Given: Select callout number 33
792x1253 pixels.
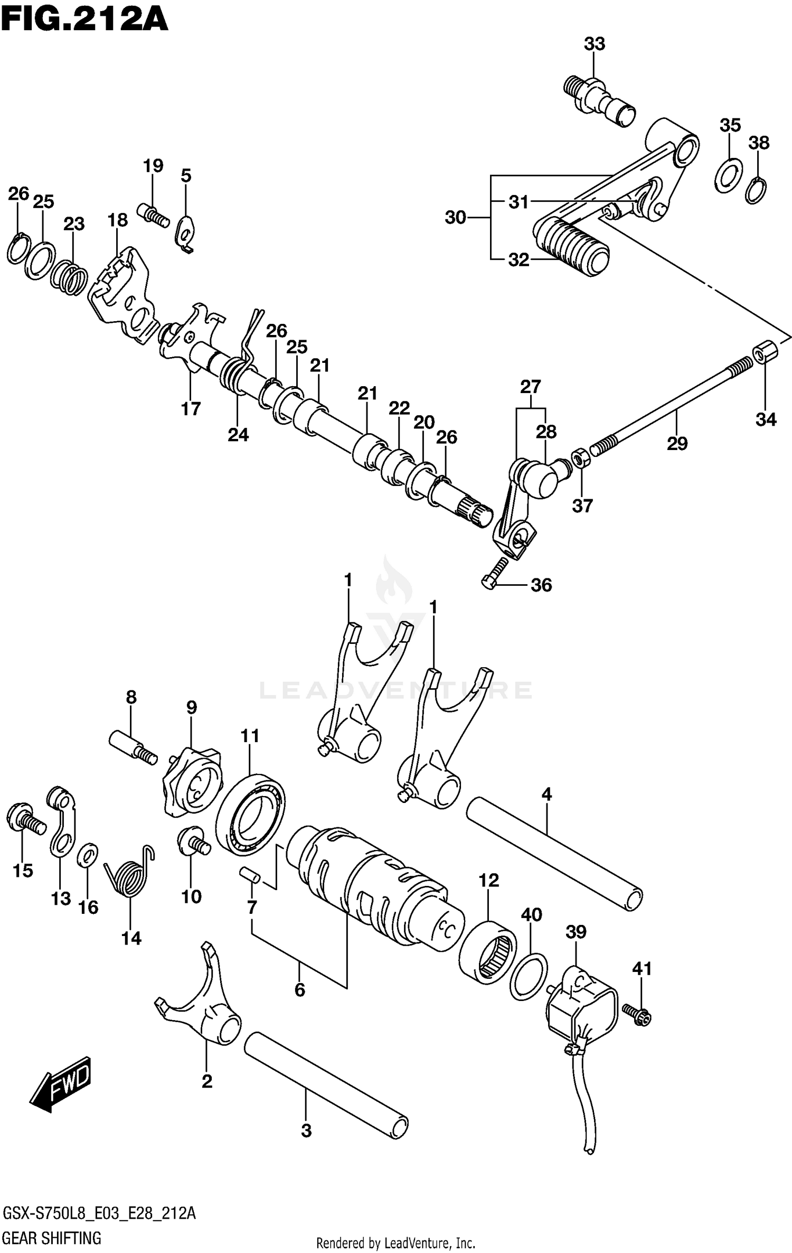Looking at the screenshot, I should coord(594,44).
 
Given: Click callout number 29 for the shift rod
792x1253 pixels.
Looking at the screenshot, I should coord(677,443).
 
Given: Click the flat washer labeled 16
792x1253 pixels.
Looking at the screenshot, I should coord(87,855).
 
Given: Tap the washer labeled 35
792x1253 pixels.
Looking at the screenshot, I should coord(729,175).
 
